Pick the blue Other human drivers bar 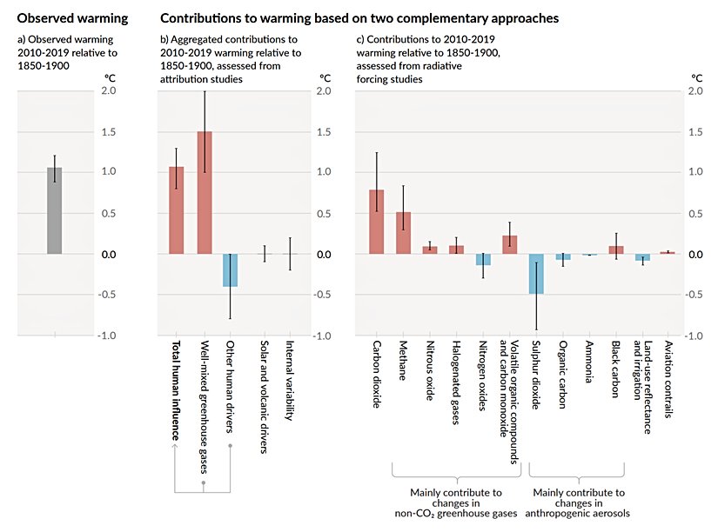230,270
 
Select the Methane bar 403,233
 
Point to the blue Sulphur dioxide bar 536,274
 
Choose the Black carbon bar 616,249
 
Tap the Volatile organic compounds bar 510,245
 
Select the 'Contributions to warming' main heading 359,17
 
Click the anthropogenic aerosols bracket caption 578,502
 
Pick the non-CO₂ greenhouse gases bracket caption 456,502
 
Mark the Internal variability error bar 291,254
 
